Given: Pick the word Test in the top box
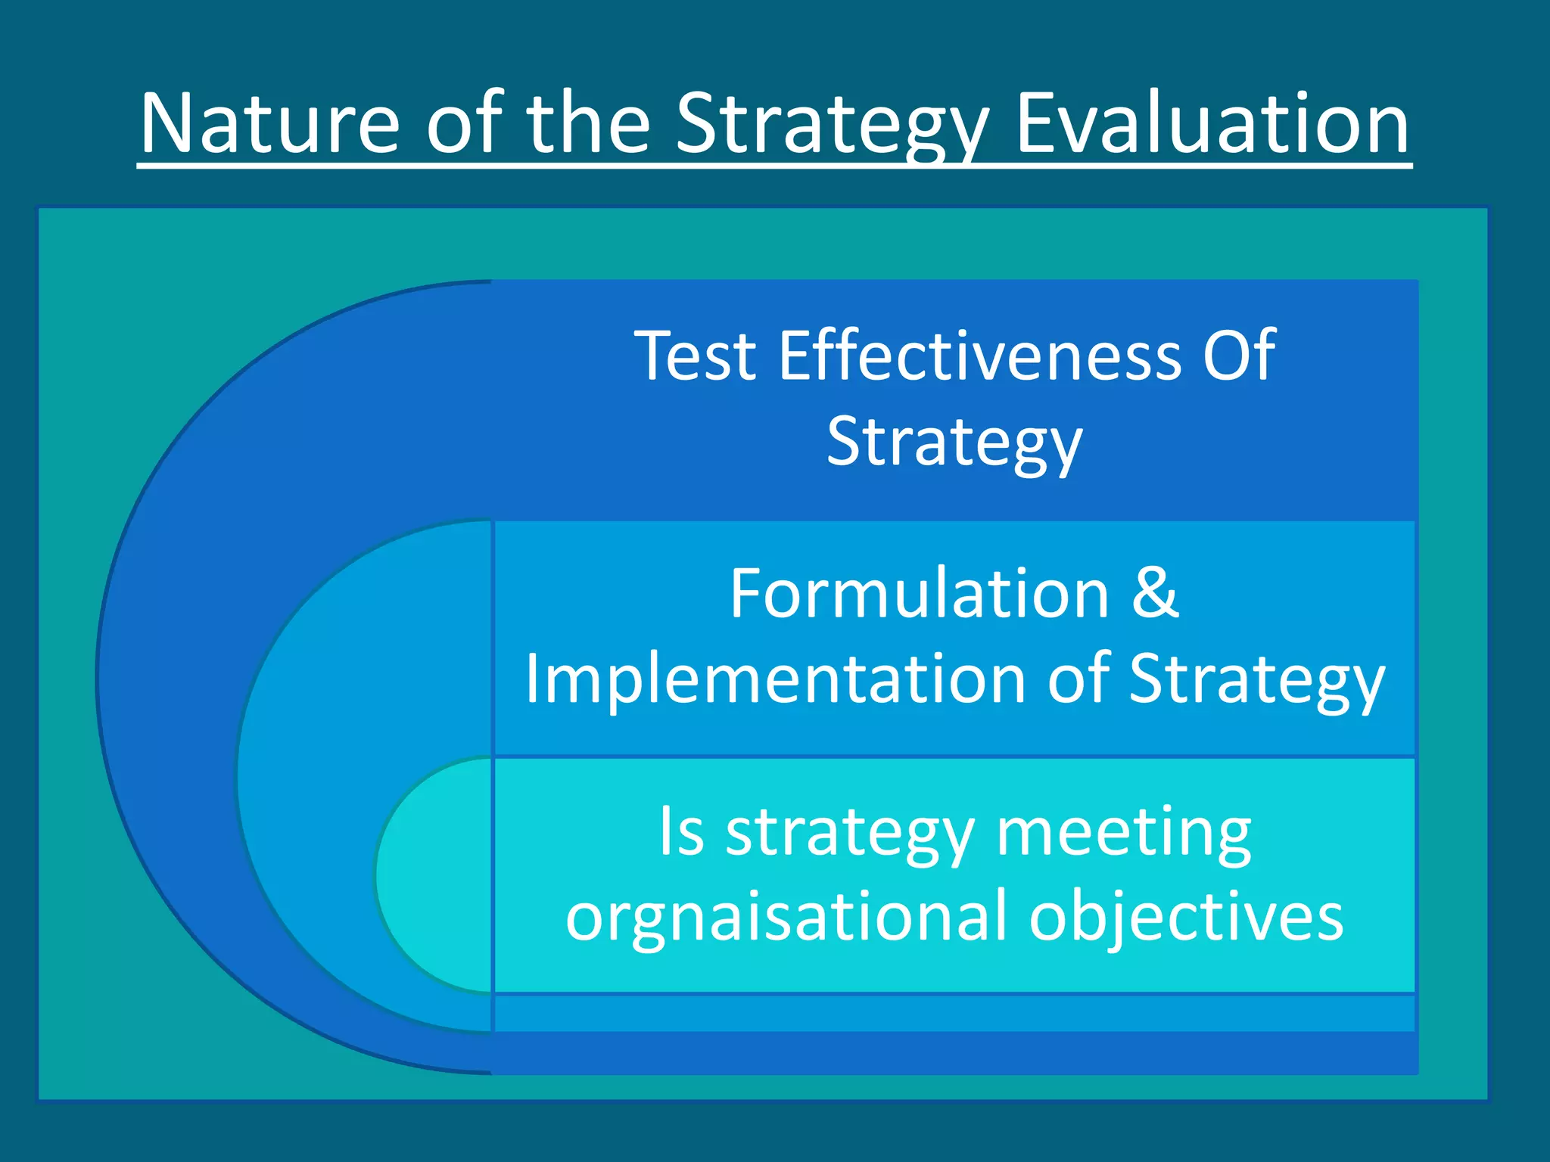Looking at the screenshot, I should tap(696, 356).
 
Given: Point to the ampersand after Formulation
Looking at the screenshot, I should tap(1155, 595).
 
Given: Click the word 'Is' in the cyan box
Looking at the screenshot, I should tap(682, 832).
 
